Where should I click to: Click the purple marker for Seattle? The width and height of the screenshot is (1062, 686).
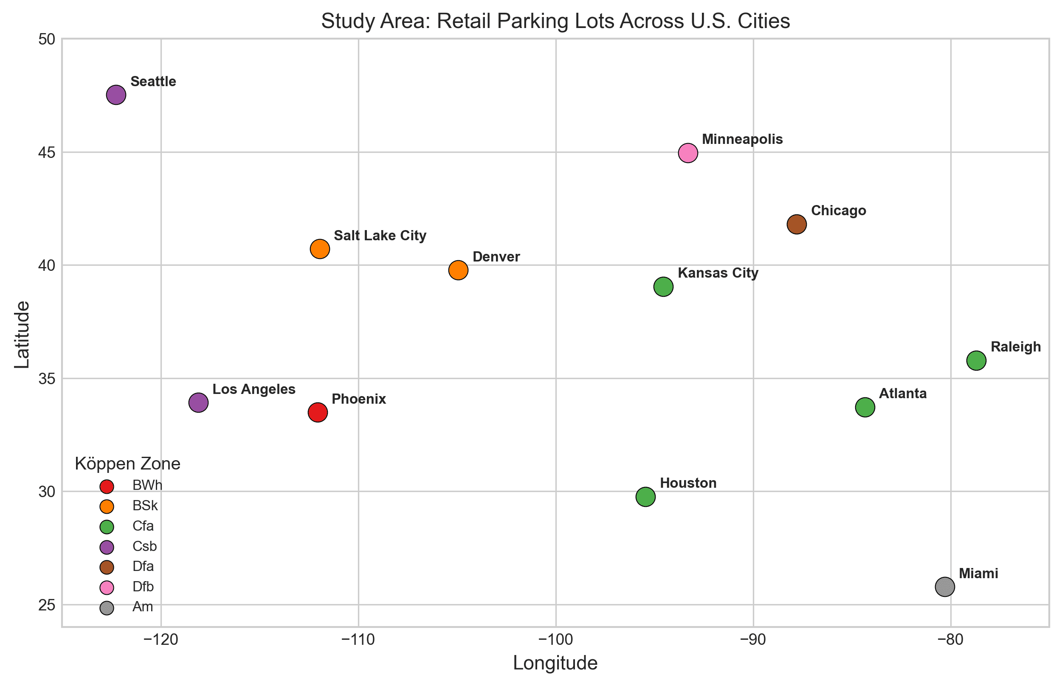pos(116,95)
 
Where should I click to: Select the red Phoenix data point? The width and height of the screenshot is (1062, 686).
pos(318,413)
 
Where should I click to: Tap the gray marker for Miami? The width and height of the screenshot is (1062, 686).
pos(945,587)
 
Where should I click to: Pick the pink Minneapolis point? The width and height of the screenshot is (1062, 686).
pos(688,153)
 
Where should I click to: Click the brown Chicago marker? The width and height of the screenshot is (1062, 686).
pos(797,224)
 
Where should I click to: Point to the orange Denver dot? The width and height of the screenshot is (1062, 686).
pos(458,270)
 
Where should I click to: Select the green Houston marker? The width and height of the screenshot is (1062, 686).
pos(645,497)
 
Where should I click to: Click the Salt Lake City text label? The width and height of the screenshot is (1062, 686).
pos(380,236)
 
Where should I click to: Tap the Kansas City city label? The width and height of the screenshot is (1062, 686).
pos(718,273)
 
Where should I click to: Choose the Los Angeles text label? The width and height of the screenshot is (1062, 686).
pos(254,389)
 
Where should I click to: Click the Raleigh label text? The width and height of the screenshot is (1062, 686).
pos(1016,347)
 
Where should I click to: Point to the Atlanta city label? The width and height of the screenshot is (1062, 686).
pos(902,394)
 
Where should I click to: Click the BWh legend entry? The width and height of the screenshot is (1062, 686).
pos(147,486)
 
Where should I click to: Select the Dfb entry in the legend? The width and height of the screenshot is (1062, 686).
pos(143,587)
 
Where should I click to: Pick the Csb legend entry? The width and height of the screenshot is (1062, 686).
pos(144,546)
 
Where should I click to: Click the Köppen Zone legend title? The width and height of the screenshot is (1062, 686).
pos(127,464)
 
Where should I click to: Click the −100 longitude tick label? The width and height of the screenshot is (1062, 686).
pos(555,640)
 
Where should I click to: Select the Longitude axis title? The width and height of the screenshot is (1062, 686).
pos(555,663)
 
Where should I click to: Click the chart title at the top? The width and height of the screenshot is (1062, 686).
pos(555,21)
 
